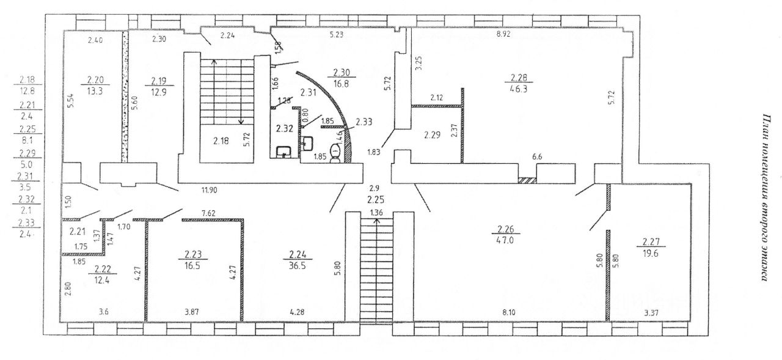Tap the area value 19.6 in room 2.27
649,250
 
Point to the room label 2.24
297,255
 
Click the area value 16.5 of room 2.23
193,265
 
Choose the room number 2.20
96,79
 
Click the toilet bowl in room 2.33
335,153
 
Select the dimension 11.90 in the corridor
208,190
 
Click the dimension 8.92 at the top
503,35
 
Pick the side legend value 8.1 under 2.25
27,139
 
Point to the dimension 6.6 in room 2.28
538,157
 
